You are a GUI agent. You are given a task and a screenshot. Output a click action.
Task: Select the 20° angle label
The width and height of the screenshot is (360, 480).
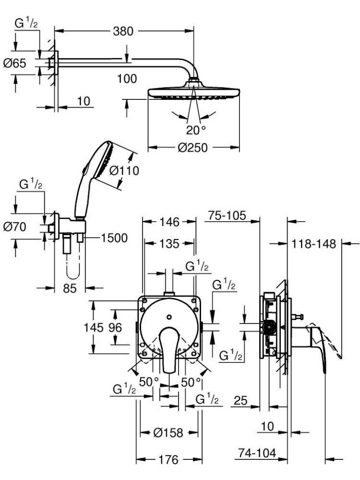pos(196,129)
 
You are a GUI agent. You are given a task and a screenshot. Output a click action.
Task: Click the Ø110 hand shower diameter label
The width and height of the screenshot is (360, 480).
pos(123,170)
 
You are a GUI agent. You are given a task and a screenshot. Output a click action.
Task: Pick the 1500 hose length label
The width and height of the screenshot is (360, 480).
pos(114,238)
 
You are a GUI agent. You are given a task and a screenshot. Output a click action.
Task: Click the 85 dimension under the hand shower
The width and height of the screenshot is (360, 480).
pos(70,288)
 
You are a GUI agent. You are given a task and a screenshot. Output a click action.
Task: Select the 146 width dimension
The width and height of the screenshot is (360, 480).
pos(169,222)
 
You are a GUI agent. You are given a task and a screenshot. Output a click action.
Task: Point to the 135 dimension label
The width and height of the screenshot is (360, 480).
pos(169,244)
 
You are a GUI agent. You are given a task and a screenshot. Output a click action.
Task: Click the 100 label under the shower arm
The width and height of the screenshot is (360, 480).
pos(127,78)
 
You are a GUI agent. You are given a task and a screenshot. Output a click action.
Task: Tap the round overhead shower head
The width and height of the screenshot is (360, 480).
pos(193,92)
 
